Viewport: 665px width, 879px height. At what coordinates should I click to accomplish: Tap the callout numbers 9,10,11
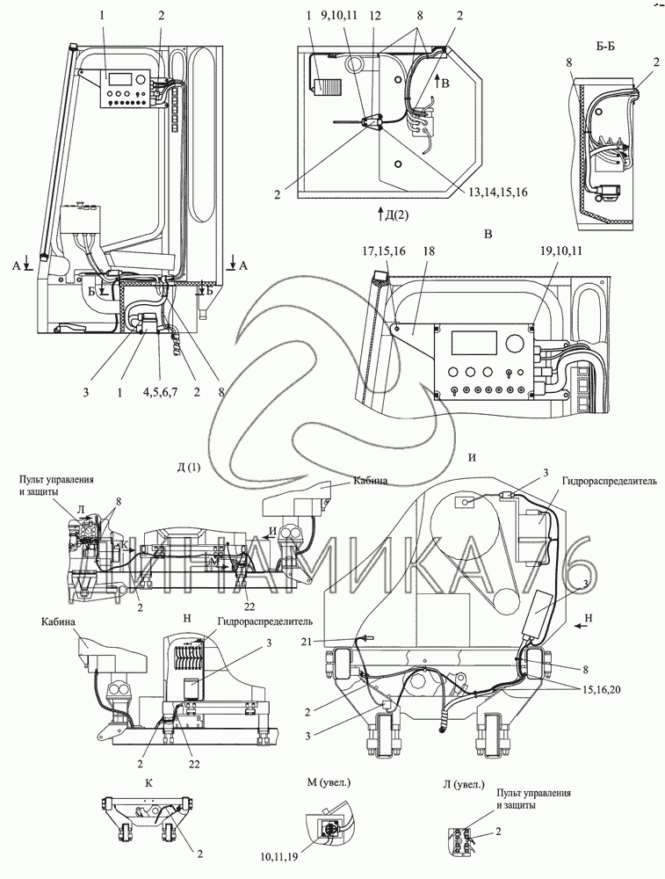tap(340, 15)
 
